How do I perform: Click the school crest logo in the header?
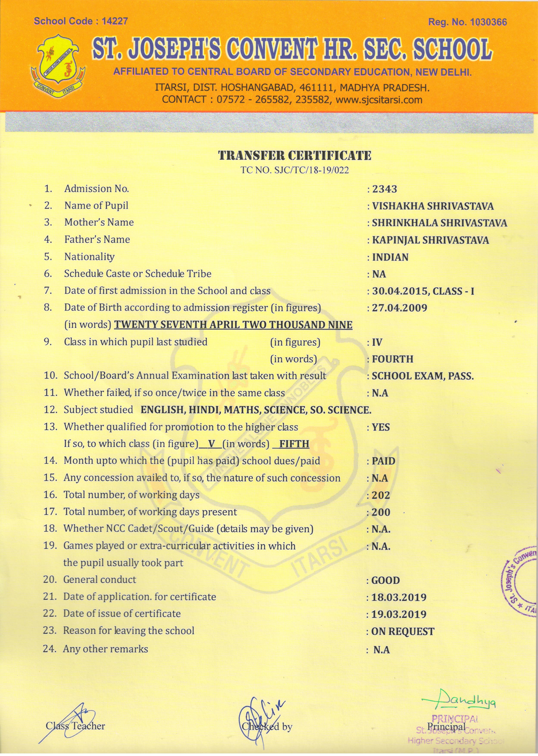pyautogui.click(x=58, y=65)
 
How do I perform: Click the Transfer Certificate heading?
pyautogui.click(x=294, y=155)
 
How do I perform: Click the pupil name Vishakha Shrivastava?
pyautogui.click(x=433, y=206)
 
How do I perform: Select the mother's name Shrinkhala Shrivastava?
pyautogui.click(x=439, y=223)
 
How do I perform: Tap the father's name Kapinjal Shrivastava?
pyautogui.click(x=430, y=240)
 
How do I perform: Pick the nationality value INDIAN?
pyautogui.click(x=390, y=257)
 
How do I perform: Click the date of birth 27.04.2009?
pyautogui.click(x=400, y=308)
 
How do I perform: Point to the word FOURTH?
pyautogui.click(x=393, y=359)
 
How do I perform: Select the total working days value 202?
pyautogui.click(x=381, y=495)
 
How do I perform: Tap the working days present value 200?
pyautogui.click(x=381, y=512)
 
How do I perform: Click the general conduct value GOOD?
pyautogui.click(x=386, y=580)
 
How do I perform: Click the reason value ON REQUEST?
pyautogui.click(x=402, y=631)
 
